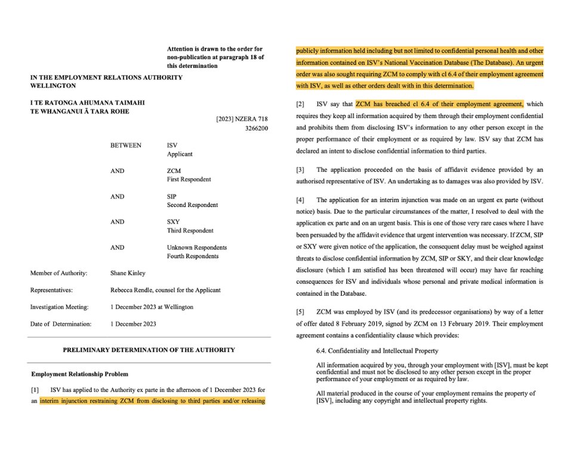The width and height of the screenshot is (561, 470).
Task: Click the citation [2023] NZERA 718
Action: click(242, 119)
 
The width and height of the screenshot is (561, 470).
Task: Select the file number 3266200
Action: click(256, 128)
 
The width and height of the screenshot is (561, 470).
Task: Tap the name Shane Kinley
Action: click(128, 273)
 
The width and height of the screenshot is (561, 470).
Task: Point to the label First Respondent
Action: click(189, 180)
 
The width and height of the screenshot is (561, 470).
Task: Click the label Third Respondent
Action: click(190, 231)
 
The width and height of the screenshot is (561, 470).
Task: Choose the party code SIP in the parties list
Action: click(172, 196)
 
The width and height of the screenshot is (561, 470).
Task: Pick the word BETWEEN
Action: click(126, 145)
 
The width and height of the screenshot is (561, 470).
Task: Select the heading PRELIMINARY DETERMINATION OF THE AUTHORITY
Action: click(149, 350)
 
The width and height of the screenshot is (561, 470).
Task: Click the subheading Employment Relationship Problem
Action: click(79, 374)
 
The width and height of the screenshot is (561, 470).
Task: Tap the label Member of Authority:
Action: click(59, 273)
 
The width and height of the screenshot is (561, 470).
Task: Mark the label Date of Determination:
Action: click(61, 324)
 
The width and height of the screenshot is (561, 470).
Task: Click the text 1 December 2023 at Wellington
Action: click(152, 307)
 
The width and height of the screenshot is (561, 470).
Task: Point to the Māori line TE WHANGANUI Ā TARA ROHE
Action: click(80, 112)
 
